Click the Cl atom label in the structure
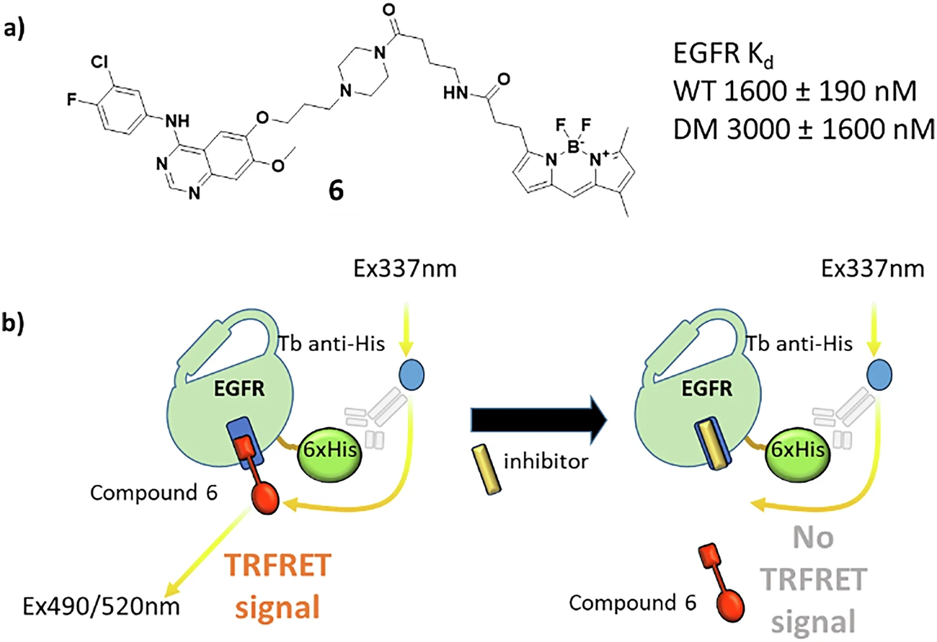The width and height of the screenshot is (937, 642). coord(100,63)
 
